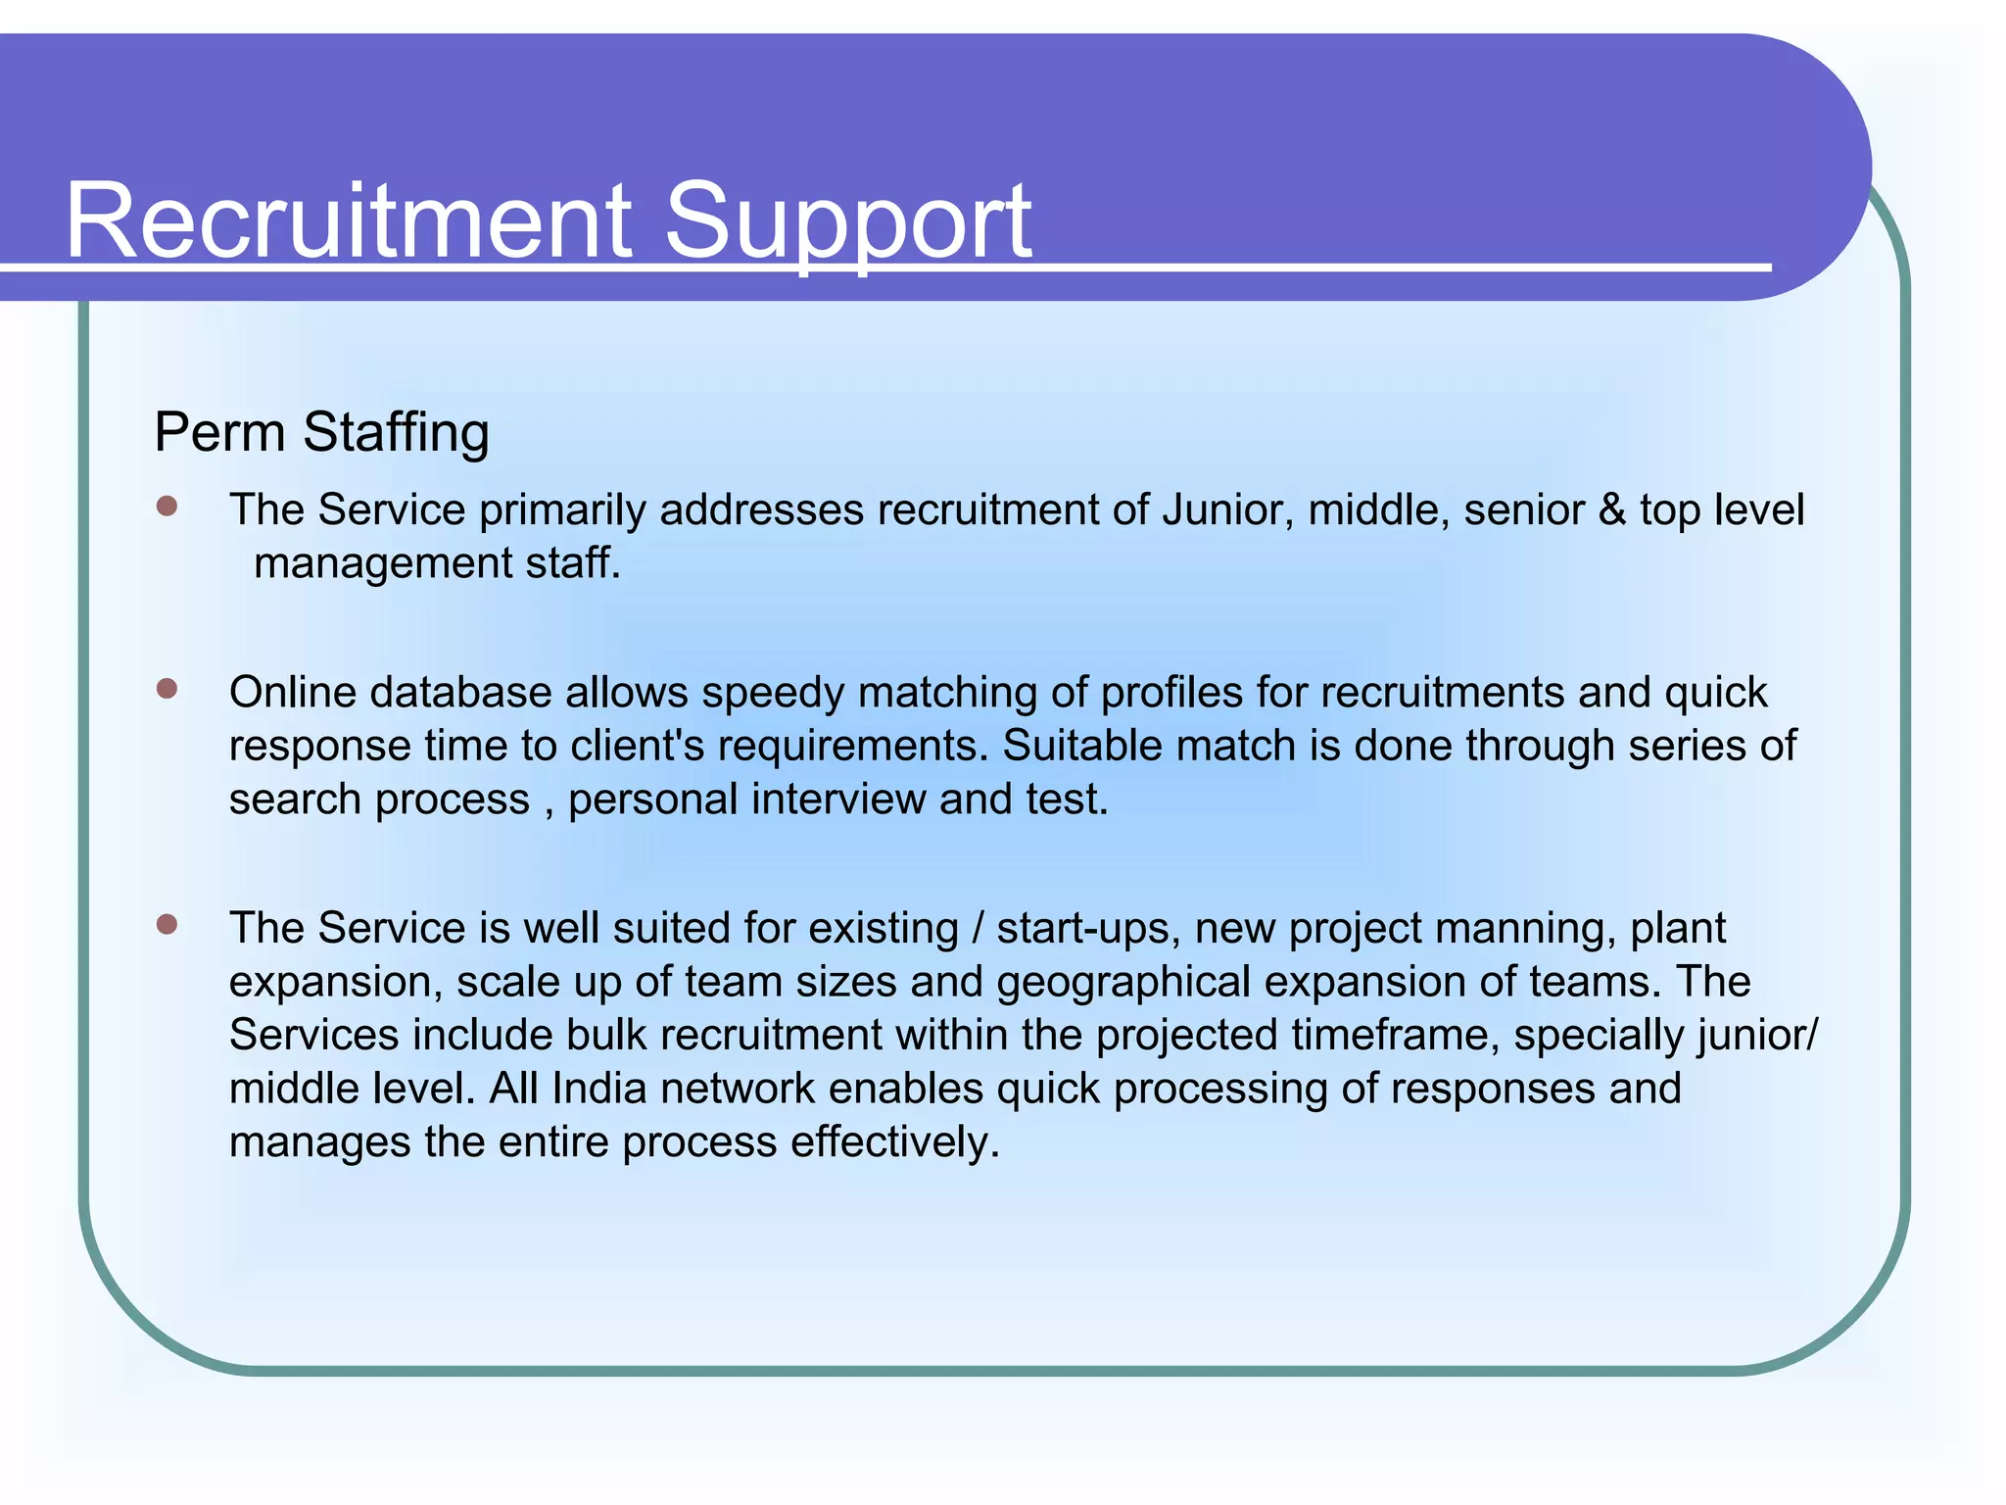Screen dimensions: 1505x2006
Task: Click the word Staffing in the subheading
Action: pyautogui.click(x=396, y=432)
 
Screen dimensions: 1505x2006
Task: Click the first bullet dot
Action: pyautogui.click(x=167, y=507)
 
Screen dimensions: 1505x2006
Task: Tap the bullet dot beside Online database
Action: pyautogui.click(x=167, y=689)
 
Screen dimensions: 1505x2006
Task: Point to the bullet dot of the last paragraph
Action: pyautogui.click(x=167, y=925)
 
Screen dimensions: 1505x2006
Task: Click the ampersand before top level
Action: pyautogui.click(x=1611, y=510)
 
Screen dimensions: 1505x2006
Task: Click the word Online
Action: pyautogui.click(x=293, y=693)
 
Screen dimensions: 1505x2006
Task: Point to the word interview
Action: pyautogui.click(x=838, y=800)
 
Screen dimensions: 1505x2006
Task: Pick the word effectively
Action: pyautogui.click(x=895, y=1142)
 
